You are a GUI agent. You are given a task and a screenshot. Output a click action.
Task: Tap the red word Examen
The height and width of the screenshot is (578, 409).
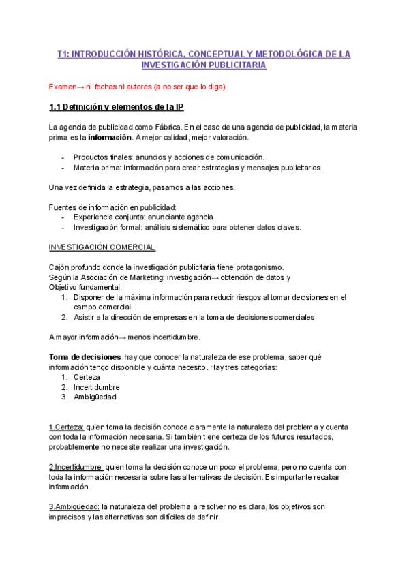[x=63, y=87]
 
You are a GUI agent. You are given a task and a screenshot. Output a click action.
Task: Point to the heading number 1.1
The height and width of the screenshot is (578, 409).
[x=56, y=108]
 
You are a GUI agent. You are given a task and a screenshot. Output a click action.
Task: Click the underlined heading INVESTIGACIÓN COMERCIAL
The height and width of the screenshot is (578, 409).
[x=102, y=247]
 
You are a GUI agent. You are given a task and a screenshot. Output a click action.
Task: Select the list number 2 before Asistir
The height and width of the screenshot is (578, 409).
[x=63, y=317]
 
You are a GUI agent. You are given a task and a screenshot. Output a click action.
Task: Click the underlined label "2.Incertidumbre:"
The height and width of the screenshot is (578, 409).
[x=76, y=467]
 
